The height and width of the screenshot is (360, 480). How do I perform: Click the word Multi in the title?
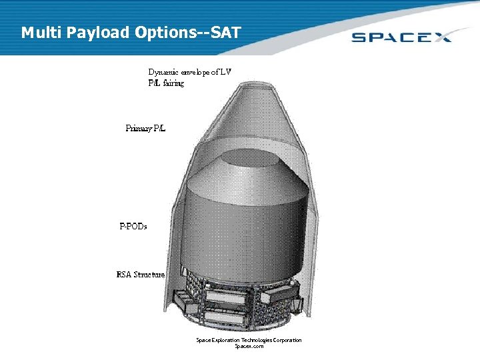[41, 32]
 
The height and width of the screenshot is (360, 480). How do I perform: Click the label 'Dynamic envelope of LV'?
[189, 72]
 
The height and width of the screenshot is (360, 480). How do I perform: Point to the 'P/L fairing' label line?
[166, 83]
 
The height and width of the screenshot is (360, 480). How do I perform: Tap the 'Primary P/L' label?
[145, 128]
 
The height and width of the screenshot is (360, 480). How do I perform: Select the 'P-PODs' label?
[133, 226]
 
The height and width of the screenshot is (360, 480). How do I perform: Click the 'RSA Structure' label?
[140, 274]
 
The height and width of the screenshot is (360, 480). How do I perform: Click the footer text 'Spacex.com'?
[249, 347]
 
